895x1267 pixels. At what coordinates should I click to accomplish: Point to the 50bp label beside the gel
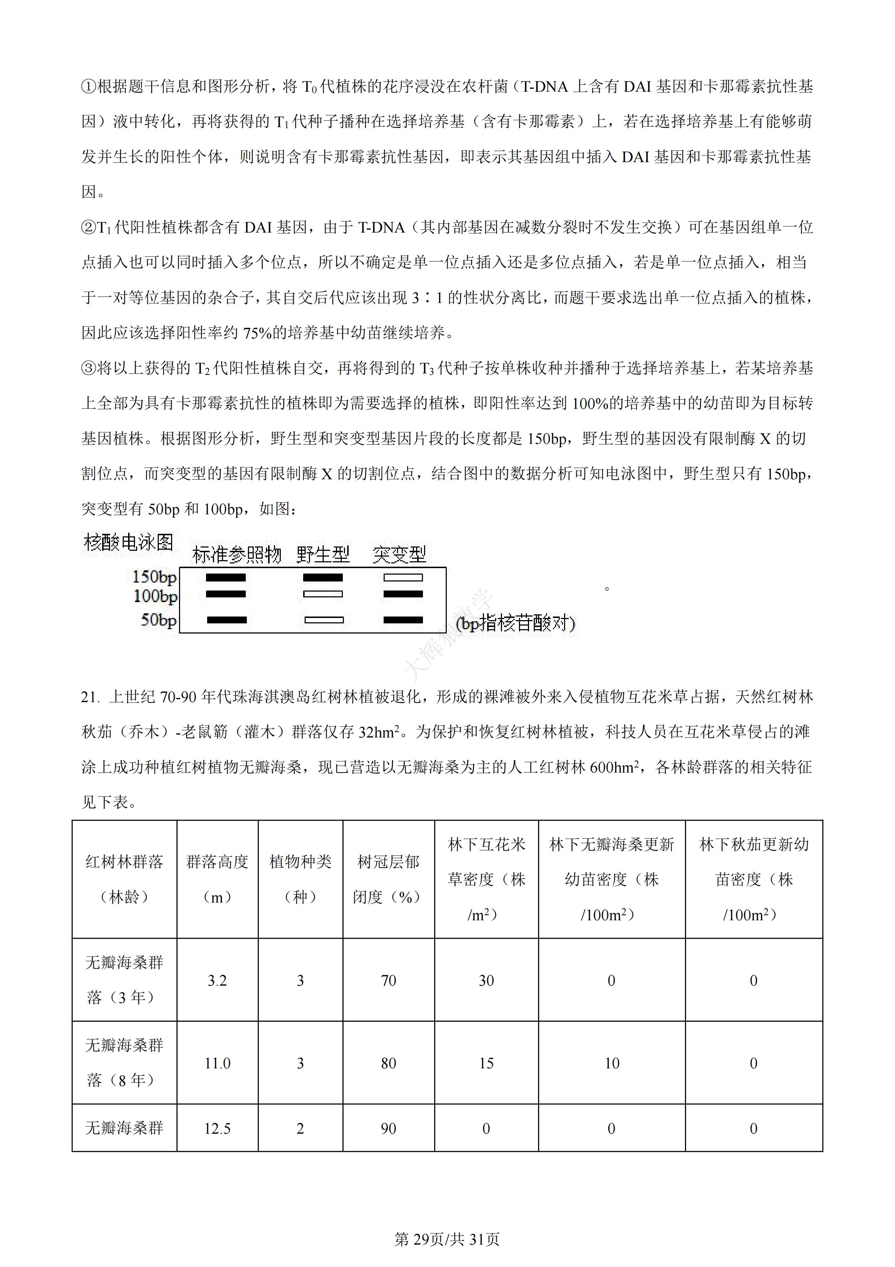(x=158, y=620)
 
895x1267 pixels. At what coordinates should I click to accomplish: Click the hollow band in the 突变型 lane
(x=403, y=578)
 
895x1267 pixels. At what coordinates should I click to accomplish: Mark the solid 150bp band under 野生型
(x=323, y=578)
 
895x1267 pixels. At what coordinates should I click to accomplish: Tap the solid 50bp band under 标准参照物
(x=227, y=620)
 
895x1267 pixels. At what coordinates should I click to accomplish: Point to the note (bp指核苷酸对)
(x=516, y=623)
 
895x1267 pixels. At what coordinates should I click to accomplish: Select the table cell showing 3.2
(x=217, y=981)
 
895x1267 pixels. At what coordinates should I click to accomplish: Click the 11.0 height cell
(x=217, y=1063)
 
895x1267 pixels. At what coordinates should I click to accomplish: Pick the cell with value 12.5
(x=217, y=1129)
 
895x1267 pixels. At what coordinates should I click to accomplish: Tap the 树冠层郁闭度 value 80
(x=388, y=1063)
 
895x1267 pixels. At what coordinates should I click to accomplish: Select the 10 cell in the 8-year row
(x=612, y=1063)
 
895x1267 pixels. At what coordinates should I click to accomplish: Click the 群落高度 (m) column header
(x=217, y=879)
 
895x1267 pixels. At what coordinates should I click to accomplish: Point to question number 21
(x=90, y=697)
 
